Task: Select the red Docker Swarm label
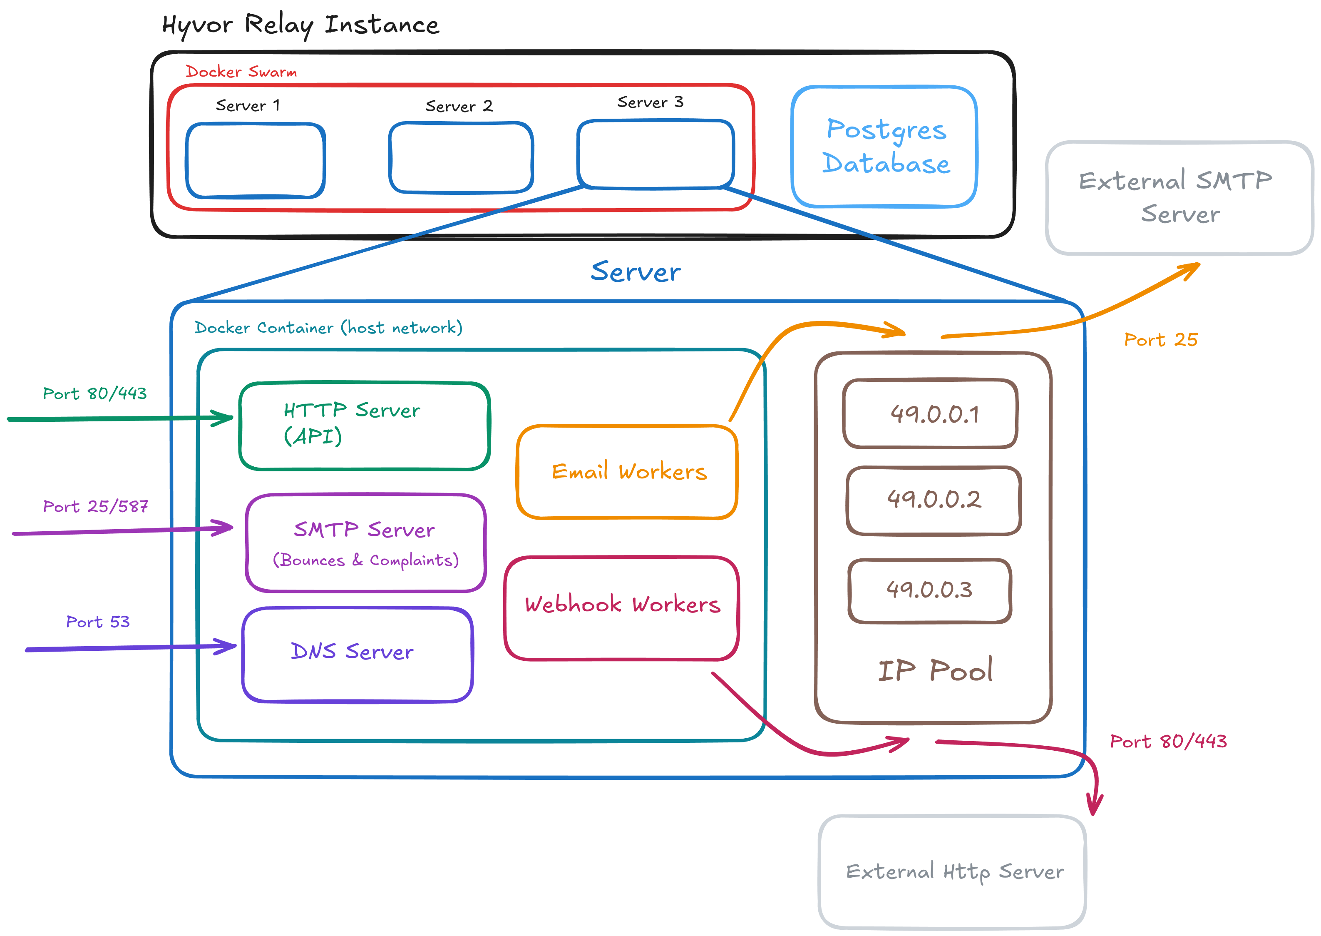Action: tap(241, 72)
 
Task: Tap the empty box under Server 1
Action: tap(255, 160)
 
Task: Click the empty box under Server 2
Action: tap(460, 157)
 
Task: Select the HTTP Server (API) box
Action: tap(364, 426)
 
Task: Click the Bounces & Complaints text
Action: tap(365, 560)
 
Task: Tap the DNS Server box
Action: tap(357, 654)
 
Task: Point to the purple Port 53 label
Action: tap(97, 622)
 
